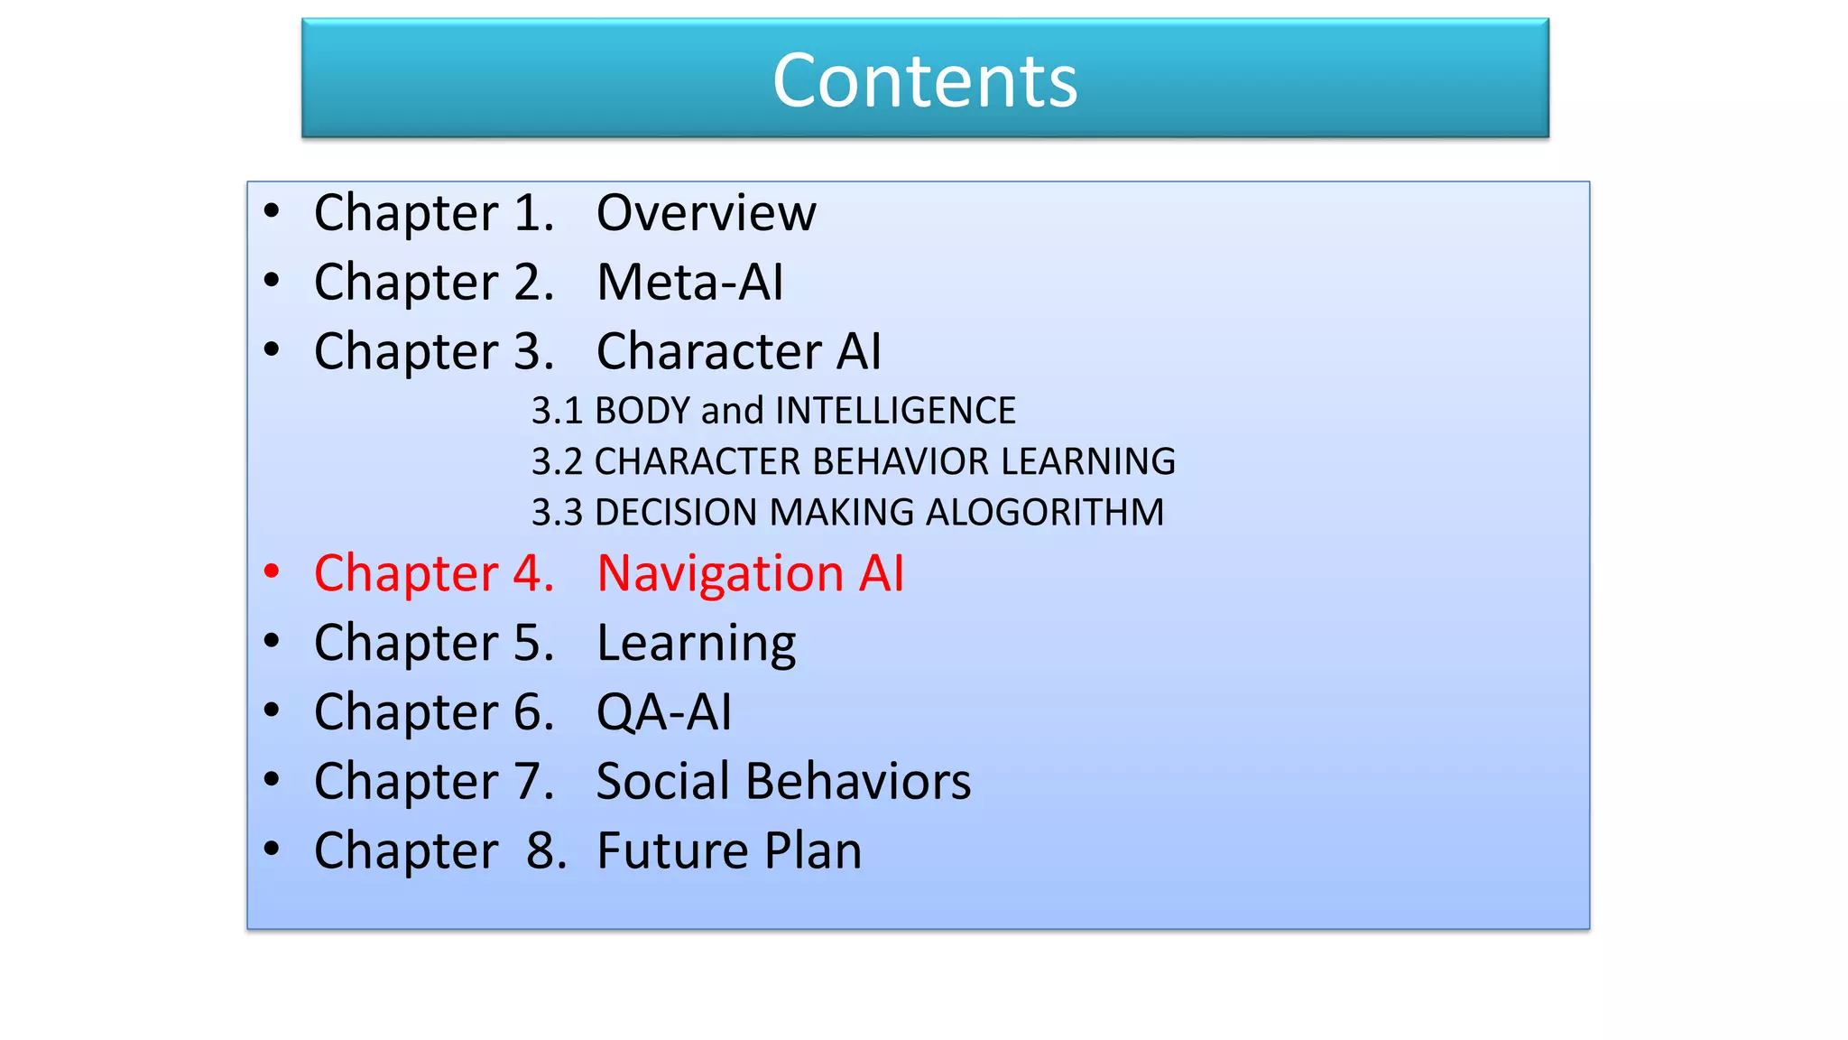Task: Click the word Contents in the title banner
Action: point(925,80)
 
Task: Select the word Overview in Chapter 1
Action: point(707,213)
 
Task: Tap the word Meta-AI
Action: point(690,282)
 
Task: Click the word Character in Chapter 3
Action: point(707,351)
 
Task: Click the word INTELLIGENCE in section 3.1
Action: point(895,411)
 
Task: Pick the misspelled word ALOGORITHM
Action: point(1045,513)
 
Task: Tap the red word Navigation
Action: point(719,574)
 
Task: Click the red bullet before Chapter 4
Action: point(272,571)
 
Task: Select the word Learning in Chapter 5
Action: point(696,644)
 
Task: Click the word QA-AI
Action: point(664,712)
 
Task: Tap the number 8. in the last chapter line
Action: point(547,850)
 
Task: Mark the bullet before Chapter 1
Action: point(272,211)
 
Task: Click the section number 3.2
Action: point(557,461)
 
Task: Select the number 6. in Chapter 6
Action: point(533,712)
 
